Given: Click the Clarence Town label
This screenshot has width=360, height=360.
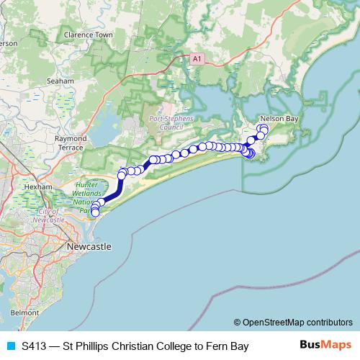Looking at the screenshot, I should [89, 35].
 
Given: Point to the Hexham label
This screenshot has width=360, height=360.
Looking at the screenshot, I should [38, 186].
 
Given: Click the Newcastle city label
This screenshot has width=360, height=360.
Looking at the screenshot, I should [89, 247].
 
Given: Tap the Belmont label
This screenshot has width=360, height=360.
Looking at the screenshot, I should [25, 313].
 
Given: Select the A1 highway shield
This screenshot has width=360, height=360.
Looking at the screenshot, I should [197, 57].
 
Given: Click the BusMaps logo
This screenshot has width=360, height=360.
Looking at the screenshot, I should [326, 345].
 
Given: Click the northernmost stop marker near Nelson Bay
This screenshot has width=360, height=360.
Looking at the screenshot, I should [263, 128].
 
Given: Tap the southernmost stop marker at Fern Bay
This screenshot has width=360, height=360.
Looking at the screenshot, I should [95, 212].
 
